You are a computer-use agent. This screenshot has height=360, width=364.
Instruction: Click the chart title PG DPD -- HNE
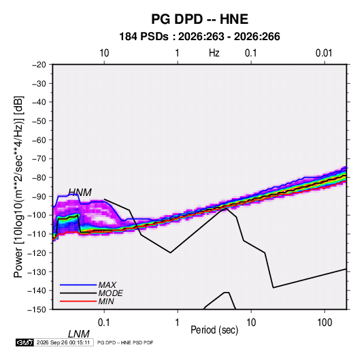199,19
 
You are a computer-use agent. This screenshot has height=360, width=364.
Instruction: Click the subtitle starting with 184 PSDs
199,37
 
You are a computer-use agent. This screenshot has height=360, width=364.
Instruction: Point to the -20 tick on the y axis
39,65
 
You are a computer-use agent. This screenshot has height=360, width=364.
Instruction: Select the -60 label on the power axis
39,140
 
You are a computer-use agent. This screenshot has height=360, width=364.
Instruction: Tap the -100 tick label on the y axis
37,215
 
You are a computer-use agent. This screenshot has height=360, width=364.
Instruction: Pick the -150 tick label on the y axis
37,310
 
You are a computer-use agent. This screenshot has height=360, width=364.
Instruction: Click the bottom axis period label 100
325,323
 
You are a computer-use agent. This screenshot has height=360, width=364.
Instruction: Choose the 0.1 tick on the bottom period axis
104,323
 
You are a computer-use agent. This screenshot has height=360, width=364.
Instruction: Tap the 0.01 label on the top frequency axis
324,53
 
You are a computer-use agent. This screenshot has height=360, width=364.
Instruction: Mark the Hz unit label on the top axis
214,53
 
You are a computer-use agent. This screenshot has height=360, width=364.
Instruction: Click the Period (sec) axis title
214,330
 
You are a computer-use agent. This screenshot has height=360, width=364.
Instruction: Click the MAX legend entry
107,284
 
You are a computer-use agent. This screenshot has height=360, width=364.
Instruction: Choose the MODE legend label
110,293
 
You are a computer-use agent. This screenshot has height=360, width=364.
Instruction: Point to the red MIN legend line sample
78,301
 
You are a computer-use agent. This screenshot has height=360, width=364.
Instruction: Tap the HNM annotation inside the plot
80,193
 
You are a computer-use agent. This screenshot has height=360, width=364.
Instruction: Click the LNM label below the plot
79,334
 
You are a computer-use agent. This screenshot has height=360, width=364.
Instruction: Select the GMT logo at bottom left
24,342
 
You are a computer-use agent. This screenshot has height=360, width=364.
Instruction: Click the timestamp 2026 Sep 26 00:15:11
63,342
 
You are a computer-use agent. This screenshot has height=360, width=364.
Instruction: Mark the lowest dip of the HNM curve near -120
170,252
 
